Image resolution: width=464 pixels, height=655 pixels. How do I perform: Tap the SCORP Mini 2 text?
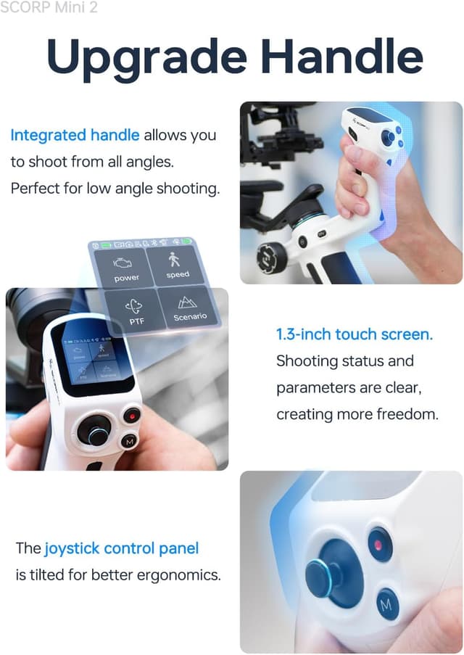click(x=49, y=8)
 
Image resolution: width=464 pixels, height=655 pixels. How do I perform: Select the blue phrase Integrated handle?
click(x=75, y=135)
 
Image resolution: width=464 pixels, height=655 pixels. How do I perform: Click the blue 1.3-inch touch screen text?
click(x=354, y=334)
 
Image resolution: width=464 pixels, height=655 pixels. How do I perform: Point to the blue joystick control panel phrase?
click(x=121, y=548)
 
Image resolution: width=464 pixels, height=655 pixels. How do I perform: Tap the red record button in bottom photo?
click(x=378, y=544)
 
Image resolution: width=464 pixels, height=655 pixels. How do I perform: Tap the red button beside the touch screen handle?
click(x=131, y=416)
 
